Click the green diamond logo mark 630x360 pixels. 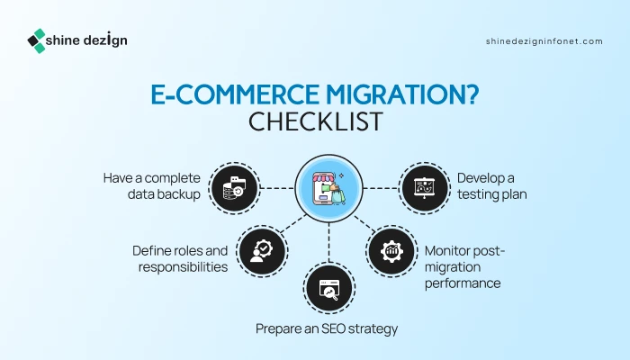37,41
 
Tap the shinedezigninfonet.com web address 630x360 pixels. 544,41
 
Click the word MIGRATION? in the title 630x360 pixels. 402,94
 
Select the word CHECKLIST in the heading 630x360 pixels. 315,121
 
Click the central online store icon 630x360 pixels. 329,188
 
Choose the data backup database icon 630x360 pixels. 235,188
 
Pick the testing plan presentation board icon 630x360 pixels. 425,188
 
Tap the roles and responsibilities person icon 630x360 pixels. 262,251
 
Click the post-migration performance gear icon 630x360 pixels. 391,251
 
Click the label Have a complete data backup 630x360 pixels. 152,186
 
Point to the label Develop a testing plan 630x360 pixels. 491,186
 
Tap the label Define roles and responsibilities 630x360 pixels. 180,259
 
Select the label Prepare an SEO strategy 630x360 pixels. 327,328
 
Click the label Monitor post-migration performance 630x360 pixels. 464,266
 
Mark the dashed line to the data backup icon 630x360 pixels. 277,188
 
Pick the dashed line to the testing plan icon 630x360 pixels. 381,188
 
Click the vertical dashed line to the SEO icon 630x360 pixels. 329,243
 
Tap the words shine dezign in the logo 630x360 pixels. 86,40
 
